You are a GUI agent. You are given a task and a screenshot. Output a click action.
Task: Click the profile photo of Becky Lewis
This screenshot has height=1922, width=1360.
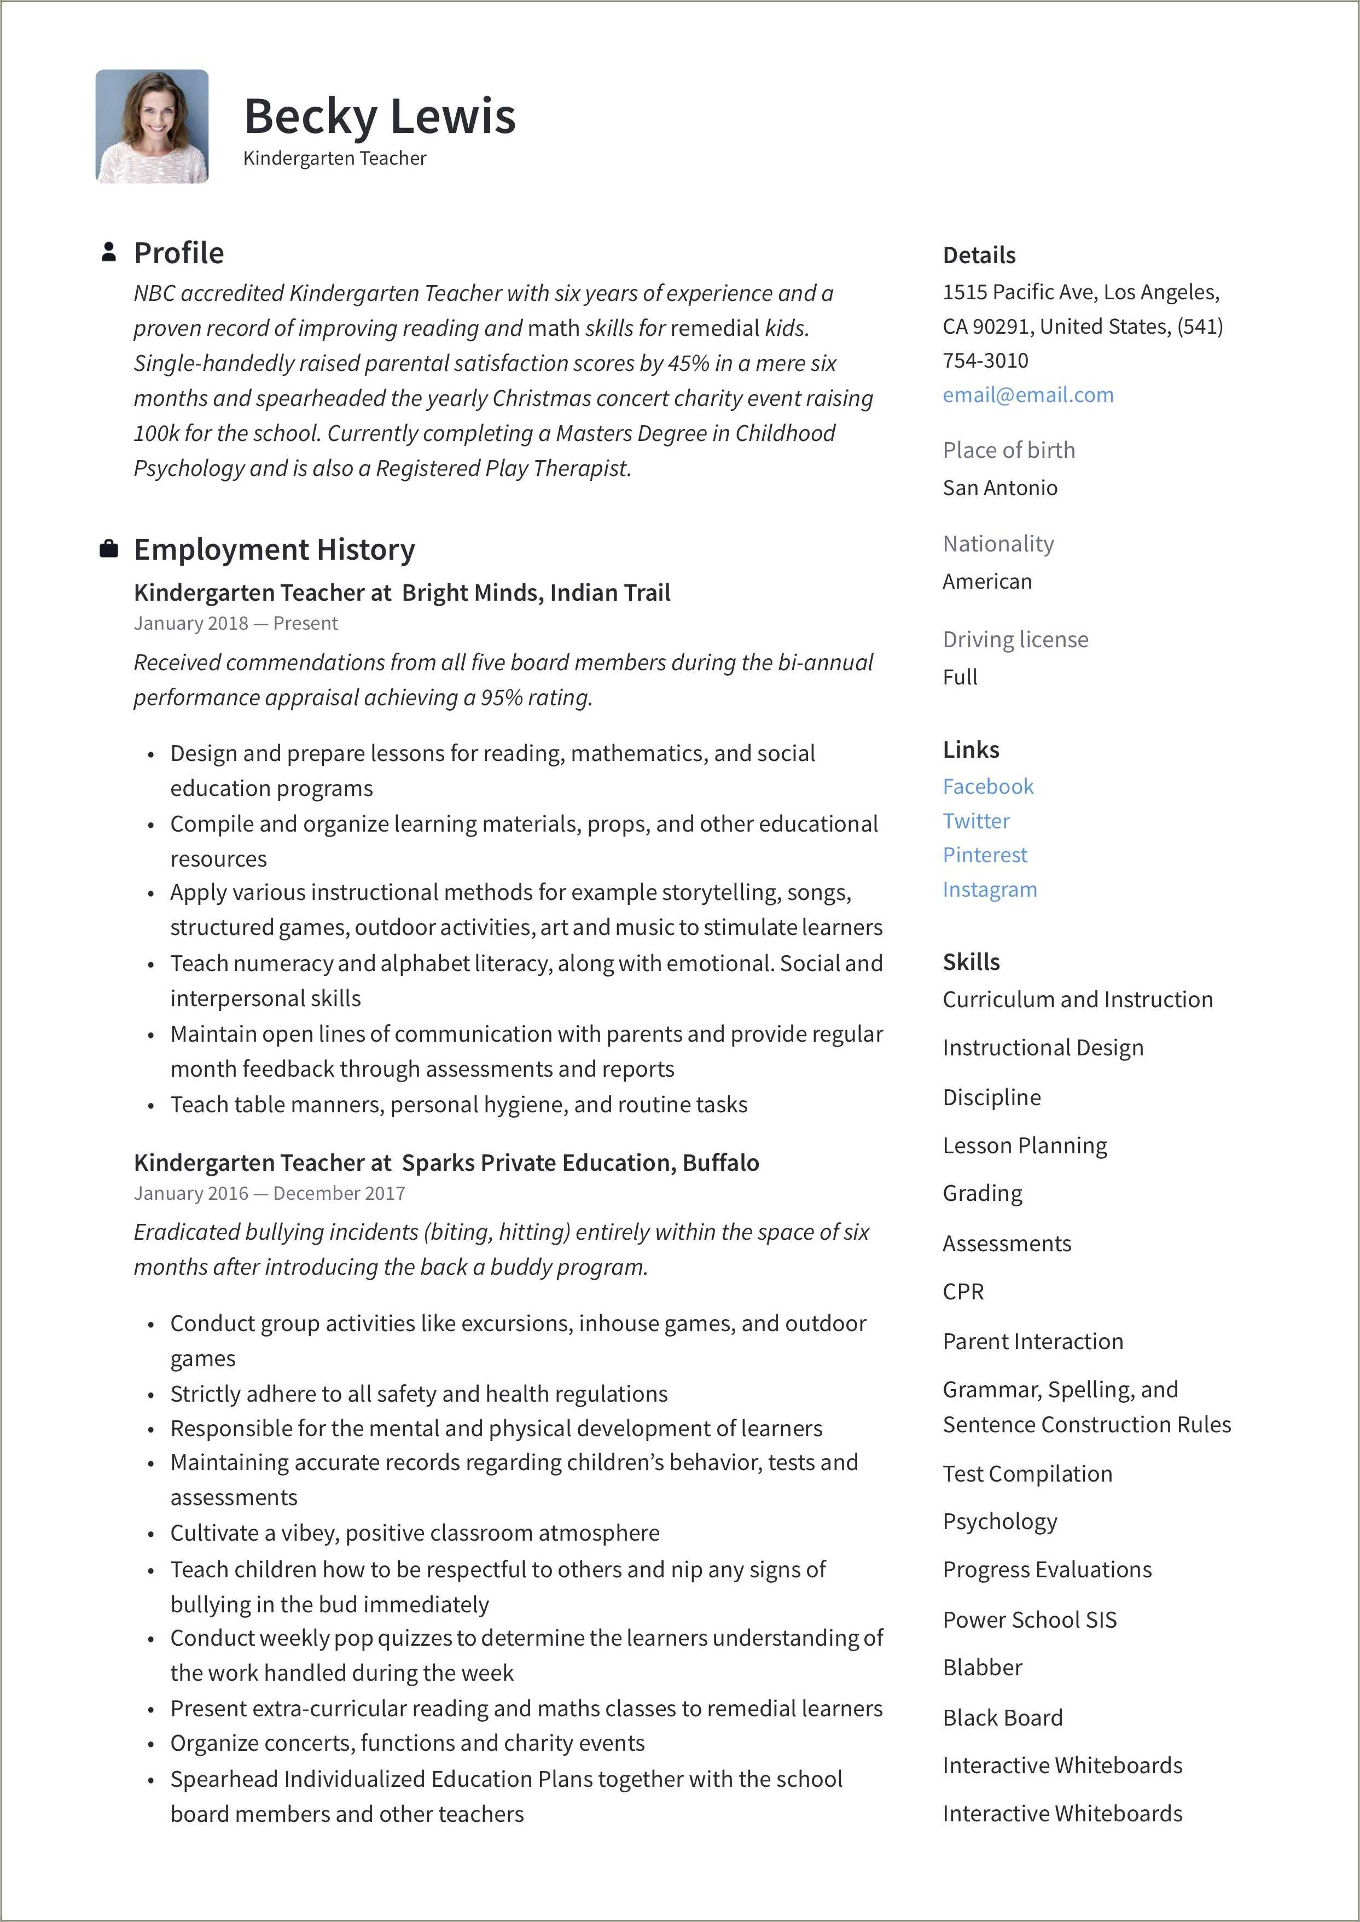pyautogui.click(x=152, y=126)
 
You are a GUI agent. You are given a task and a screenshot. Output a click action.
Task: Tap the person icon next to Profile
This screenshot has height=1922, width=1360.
pyautogui.click(x=108, y=252)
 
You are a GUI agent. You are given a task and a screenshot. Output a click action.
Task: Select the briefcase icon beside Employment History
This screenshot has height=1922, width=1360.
pyautogui.click(x=108, y=549)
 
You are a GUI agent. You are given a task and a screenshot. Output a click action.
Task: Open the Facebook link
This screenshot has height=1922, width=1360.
pyautogui.click(x=987, y=786)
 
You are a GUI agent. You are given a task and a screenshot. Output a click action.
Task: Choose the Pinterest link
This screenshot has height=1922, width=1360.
pyautogui.click(x=984, y=855)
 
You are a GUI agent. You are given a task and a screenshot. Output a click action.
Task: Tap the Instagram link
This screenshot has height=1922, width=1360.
pyautogui.click(x=989, y=890)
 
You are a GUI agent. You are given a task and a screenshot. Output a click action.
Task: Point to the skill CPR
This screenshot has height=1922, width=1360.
pyautogui.click(x=963, y=1291)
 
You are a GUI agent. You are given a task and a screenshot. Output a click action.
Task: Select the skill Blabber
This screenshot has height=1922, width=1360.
pyautogui.click(x=983, y=1668)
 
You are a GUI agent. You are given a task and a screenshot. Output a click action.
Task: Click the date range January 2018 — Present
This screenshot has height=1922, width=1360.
pyautogui.click(x=235, y=623)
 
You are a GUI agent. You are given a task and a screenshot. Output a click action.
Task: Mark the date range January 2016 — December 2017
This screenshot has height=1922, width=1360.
pyautogui.click(x=269, y=1193)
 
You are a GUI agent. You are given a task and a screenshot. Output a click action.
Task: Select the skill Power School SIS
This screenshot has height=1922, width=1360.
pyautogui.click(x=1029, y=1619)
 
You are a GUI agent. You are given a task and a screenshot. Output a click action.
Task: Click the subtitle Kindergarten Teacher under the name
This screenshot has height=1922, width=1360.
pyautogui.click(x=334, y=158)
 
